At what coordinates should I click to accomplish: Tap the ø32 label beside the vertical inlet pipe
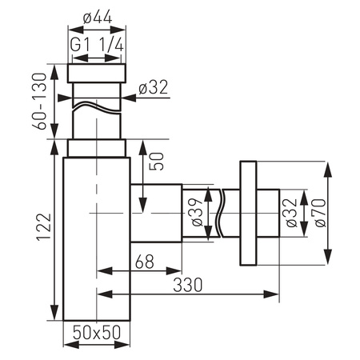(151, 89)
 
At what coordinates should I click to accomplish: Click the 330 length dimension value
(186, 283)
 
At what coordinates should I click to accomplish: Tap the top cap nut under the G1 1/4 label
(97, 73)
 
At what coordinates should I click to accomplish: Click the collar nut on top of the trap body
(97, 148)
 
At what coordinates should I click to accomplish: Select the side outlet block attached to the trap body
(154, 214)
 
